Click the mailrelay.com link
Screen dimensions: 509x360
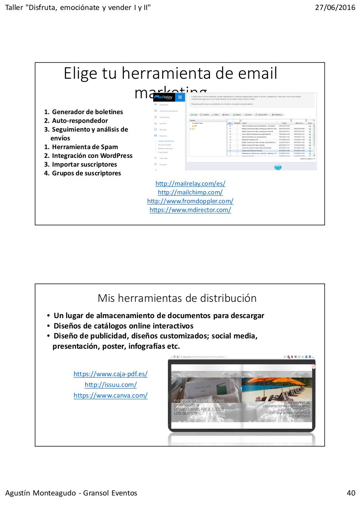(190, 184)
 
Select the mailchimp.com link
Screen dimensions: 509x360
(190, 192)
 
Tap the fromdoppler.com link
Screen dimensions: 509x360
(190, 201)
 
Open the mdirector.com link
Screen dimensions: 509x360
(190, 210)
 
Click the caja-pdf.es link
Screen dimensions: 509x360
(111, 374)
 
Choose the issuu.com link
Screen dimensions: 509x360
(111, 385)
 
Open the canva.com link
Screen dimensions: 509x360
(111, 396)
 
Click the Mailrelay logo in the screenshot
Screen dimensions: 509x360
(163, 97)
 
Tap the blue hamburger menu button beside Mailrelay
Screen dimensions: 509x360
(180, 97)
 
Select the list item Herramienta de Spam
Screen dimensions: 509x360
(85, 147)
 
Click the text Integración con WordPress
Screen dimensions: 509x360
(92, 156)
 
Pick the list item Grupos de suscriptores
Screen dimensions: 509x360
(86, 173)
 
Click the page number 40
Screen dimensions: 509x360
(351, 493)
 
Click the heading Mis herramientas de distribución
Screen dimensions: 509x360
(177, 298)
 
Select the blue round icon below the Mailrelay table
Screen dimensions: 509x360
(278, 167)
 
